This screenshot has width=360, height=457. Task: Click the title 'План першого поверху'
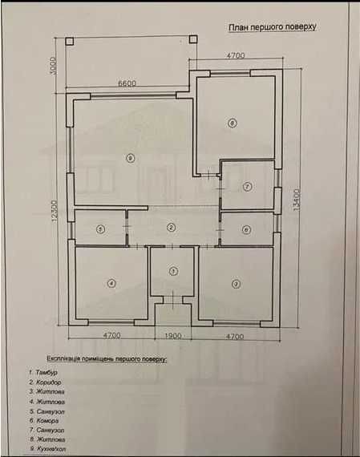273,27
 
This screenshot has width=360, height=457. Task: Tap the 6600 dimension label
127,83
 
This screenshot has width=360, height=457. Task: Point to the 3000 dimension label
53,66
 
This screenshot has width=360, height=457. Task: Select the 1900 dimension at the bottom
173,336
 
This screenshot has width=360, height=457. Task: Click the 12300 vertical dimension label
55,210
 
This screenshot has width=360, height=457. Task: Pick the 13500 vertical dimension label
297,200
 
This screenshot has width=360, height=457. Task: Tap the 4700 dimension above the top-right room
236,55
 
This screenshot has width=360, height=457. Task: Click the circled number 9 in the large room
131,158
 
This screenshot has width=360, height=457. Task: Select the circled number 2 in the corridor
172,228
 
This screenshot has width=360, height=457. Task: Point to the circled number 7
248,186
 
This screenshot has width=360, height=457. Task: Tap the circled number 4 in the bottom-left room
111,283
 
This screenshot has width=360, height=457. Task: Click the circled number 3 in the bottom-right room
236,284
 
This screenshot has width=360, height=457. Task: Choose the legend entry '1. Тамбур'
43,373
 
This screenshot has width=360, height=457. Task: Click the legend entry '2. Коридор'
45,382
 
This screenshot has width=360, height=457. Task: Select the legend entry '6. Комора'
44,421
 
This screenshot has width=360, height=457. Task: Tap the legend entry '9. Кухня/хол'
48,449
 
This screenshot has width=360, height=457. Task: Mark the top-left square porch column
70,41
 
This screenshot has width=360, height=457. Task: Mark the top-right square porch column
193,39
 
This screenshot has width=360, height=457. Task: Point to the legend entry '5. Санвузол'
47,411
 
